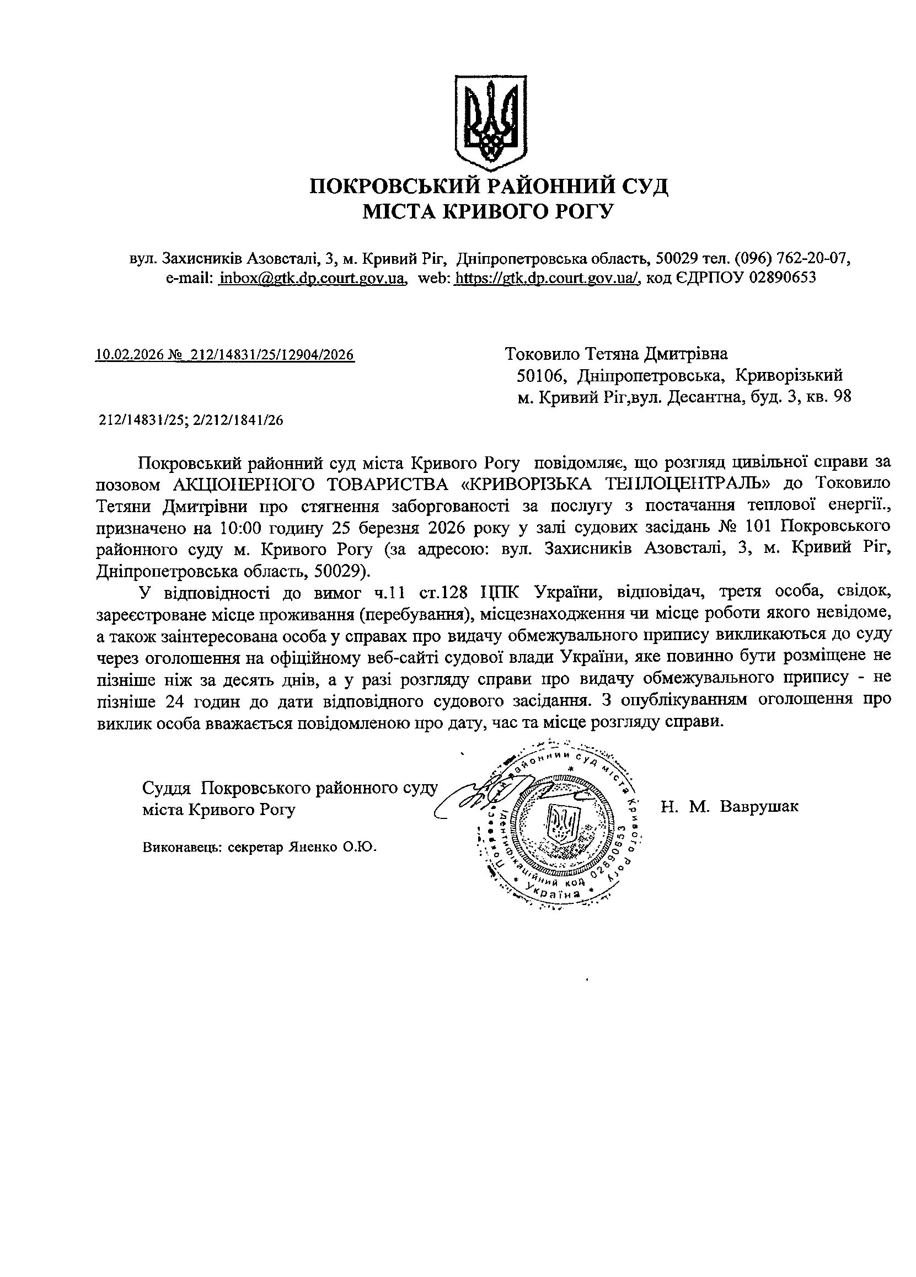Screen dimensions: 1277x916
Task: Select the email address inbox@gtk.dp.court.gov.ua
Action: click(x=312, y=278)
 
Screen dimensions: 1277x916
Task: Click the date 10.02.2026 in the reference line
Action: click(x=128, y=355)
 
